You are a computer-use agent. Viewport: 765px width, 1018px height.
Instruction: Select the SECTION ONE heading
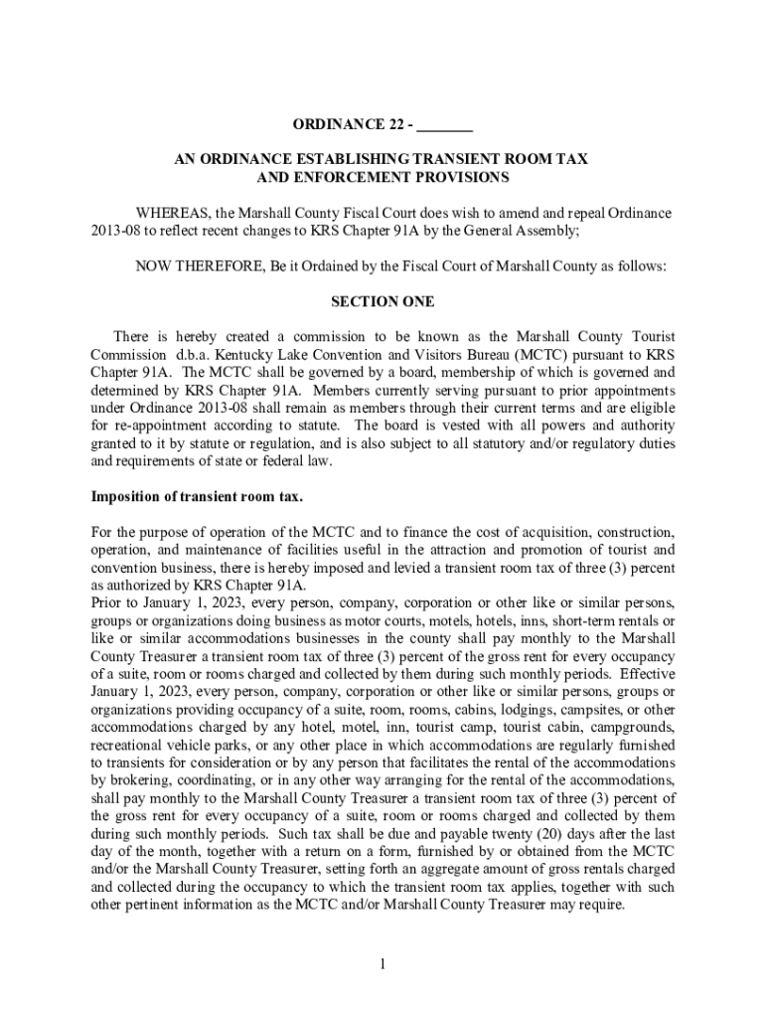click(382, 301)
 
